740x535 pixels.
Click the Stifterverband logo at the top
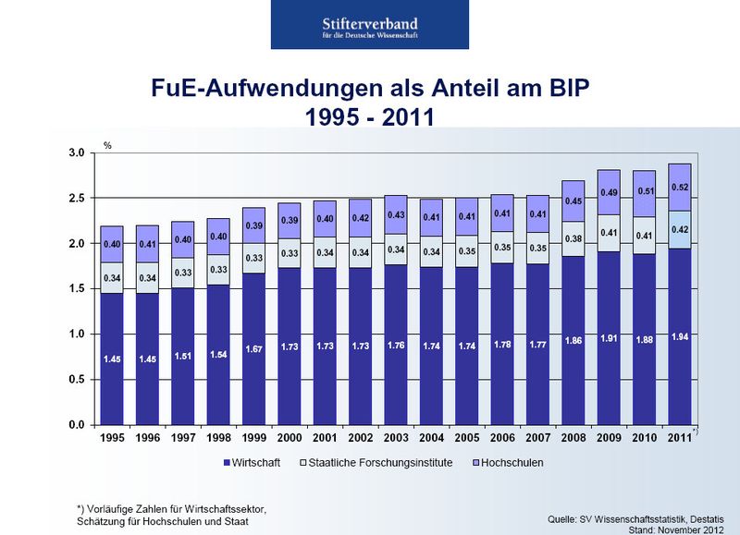pos(371,25)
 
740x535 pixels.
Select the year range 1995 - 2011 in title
pos(370,119)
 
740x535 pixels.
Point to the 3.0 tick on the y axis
pos(77,152)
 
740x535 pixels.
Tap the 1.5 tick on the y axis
pos(77,289)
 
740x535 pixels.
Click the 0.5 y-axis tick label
pos(77,380)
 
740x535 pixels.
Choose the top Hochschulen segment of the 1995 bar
pos(112,244)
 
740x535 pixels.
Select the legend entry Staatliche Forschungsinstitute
pos(380,462)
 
